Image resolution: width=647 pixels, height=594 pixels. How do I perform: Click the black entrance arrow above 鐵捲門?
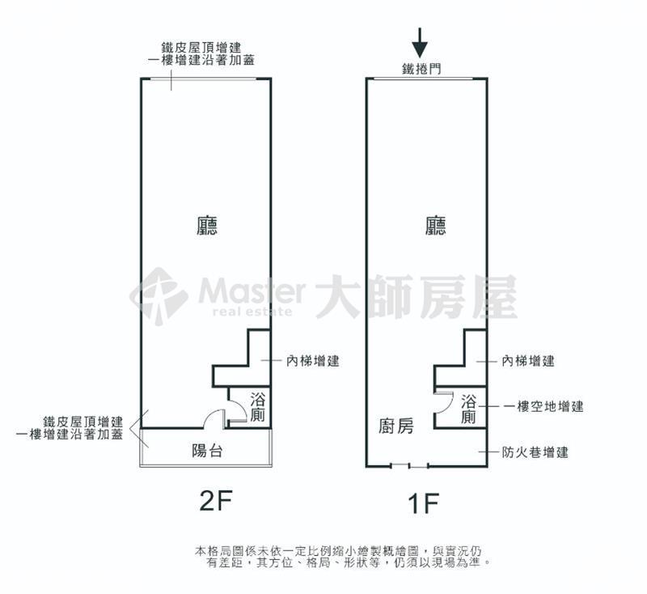coord(420,43)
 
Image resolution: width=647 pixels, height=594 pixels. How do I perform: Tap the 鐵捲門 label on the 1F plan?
coord(421,69)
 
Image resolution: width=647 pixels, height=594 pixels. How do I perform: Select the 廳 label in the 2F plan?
coord(207,226)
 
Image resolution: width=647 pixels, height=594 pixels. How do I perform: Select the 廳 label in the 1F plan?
coord(436,226)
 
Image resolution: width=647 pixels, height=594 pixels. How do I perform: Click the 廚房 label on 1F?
coord(396,426)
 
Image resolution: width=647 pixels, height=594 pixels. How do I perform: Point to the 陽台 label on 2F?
coord(208,450)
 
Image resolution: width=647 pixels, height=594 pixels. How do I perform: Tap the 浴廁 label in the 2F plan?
coord(258,407)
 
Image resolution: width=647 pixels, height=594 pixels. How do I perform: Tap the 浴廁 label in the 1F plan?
coord(469,409)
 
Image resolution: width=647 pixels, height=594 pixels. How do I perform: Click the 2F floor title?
coord(216,500)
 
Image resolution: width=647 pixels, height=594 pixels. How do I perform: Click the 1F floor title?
coord(423,503)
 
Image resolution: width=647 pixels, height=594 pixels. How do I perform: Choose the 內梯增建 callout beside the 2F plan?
coord(313,361)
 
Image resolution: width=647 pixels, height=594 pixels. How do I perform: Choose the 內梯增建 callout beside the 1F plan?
coord(528,361)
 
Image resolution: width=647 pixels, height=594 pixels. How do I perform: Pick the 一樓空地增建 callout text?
coord(544,406)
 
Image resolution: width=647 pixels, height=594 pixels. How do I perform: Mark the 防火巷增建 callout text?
coord(535,452)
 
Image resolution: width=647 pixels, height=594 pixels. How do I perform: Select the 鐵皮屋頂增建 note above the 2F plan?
coord(201,47)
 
